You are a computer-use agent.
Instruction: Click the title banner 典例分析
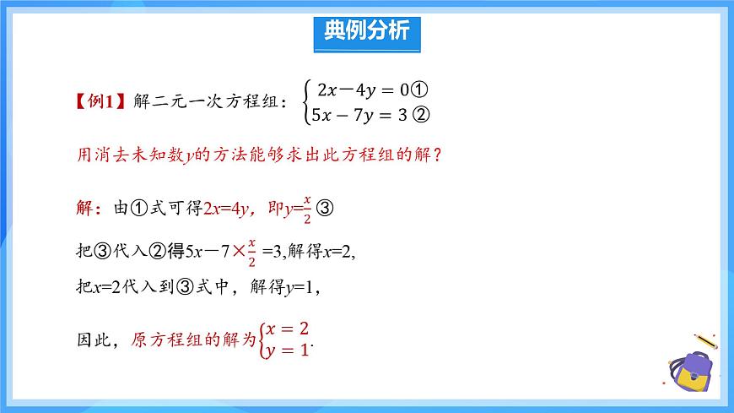tap(367, 31)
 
